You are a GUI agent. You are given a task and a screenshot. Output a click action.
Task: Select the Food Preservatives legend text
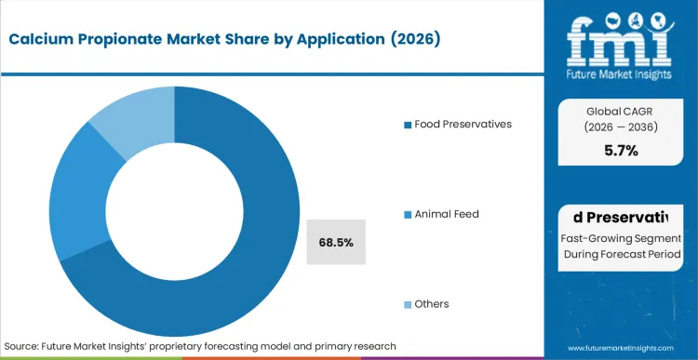pyautogui.click(x=462, y=125)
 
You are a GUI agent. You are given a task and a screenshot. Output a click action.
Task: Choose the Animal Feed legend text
pyautogui.click(x=446, y=214)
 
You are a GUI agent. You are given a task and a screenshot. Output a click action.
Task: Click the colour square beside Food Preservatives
pyautogui.click(x=407, y=126)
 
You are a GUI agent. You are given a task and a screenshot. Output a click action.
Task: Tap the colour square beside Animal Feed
pyautogui.click(x=407, y=215)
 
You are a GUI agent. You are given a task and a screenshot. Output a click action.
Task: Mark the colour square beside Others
pyautogui.click(x=407, y=305)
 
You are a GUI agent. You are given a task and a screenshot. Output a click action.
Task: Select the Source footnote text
pyautogui.click(x=201, y=346)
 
